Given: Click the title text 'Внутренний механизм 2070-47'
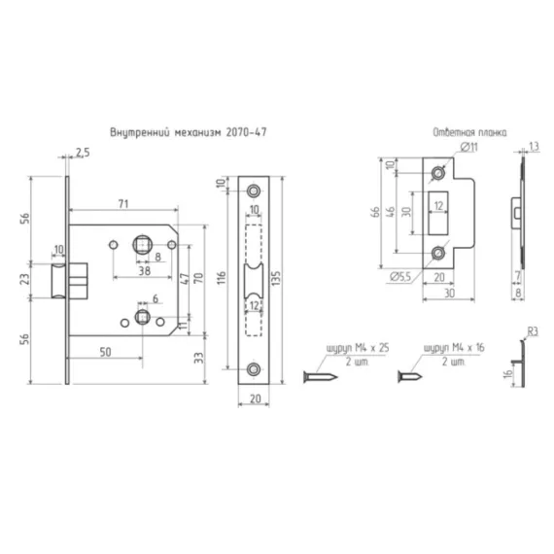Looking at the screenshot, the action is [189, 132].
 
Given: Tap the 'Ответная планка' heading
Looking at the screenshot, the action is [469, 132].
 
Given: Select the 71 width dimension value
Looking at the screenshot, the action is [123, 204].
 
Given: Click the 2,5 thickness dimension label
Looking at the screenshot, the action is [83, 153].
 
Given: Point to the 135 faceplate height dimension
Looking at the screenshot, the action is [277, 278].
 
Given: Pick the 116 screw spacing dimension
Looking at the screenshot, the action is [222, 279].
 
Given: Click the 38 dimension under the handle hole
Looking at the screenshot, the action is [144, 271].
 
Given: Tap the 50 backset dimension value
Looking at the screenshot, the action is [105, 352].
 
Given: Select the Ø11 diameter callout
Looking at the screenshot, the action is [469, 147].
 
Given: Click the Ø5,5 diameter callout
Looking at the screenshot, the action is [400, 277].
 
